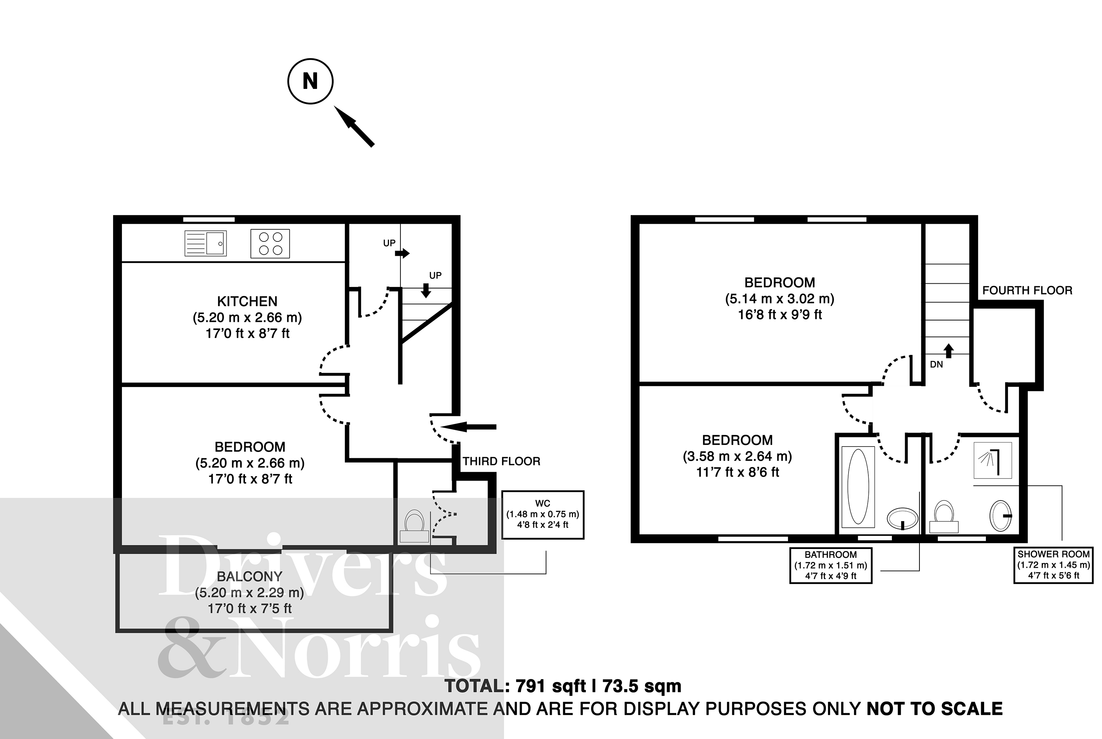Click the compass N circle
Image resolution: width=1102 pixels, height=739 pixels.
point(310,81)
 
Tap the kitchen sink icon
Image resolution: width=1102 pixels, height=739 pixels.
point(205,243)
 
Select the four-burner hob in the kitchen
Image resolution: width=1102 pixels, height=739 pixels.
point(270,244)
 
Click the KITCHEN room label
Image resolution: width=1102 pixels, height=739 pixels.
point(247,301)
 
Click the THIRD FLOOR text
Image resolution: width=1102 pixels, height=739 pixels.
point(501,462)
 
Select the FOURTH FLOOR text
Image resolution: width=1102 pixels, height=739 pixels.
point(1027,290)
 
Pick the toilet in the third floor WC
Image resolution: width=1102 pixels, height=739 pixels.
point(414,526)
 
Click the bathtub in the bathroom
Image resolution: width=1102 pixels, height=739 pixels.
point(858,487)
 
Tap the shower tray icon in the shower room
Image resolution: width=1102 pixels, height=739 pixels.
point(993,460)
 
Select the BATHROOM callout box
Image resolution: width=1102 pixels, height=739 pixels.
point(831,565)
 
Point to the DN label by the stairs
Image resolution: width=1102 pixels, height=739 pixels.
point(937,364)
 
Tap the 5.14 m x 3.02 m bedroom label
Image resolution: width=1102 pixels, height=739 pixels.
point(780,298)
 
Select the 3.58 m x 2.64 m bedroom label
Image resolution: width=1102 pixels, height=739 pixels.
point(737,456)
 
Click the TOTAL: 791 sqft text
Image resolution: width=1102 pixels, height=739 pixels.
point(562,686)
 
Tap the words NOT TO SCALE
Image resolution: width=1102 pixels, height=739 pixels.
point(935,709)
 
